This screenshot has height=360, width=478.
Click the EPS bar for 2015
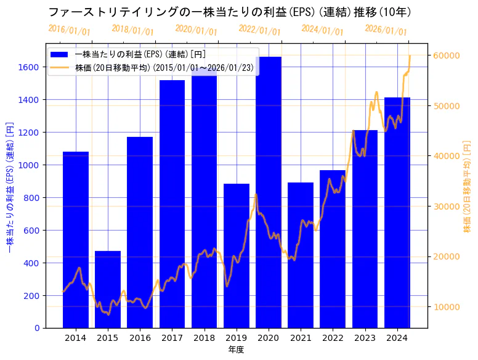click(108, 290)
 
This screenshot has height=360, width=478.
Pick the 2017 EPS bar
click(172, 204)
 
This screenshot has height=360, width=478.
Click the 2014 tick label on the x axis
click(76, 338)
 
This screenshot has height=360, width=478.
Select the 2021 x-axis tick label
click(301, 338)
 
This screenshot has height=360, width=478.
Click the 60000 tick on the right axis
click(445, 55)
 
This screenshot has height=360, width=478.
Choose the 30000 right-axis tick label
click(445, 206)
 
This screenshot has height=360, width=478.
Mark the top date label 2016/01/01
click(69, 30)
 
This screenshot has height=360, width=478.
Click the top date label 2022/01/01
click(259, 30)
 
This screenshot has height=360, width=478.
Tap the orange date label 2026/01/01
click(386, 30)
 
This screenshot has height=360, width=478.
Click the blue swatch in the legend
click(61, 54)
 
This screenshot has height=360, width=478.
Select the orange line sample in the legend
click(61, 67)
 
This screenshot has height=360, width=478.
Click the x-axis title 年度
click(236, 350)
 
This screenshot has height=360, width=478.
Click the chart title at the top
click(229, 12)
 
